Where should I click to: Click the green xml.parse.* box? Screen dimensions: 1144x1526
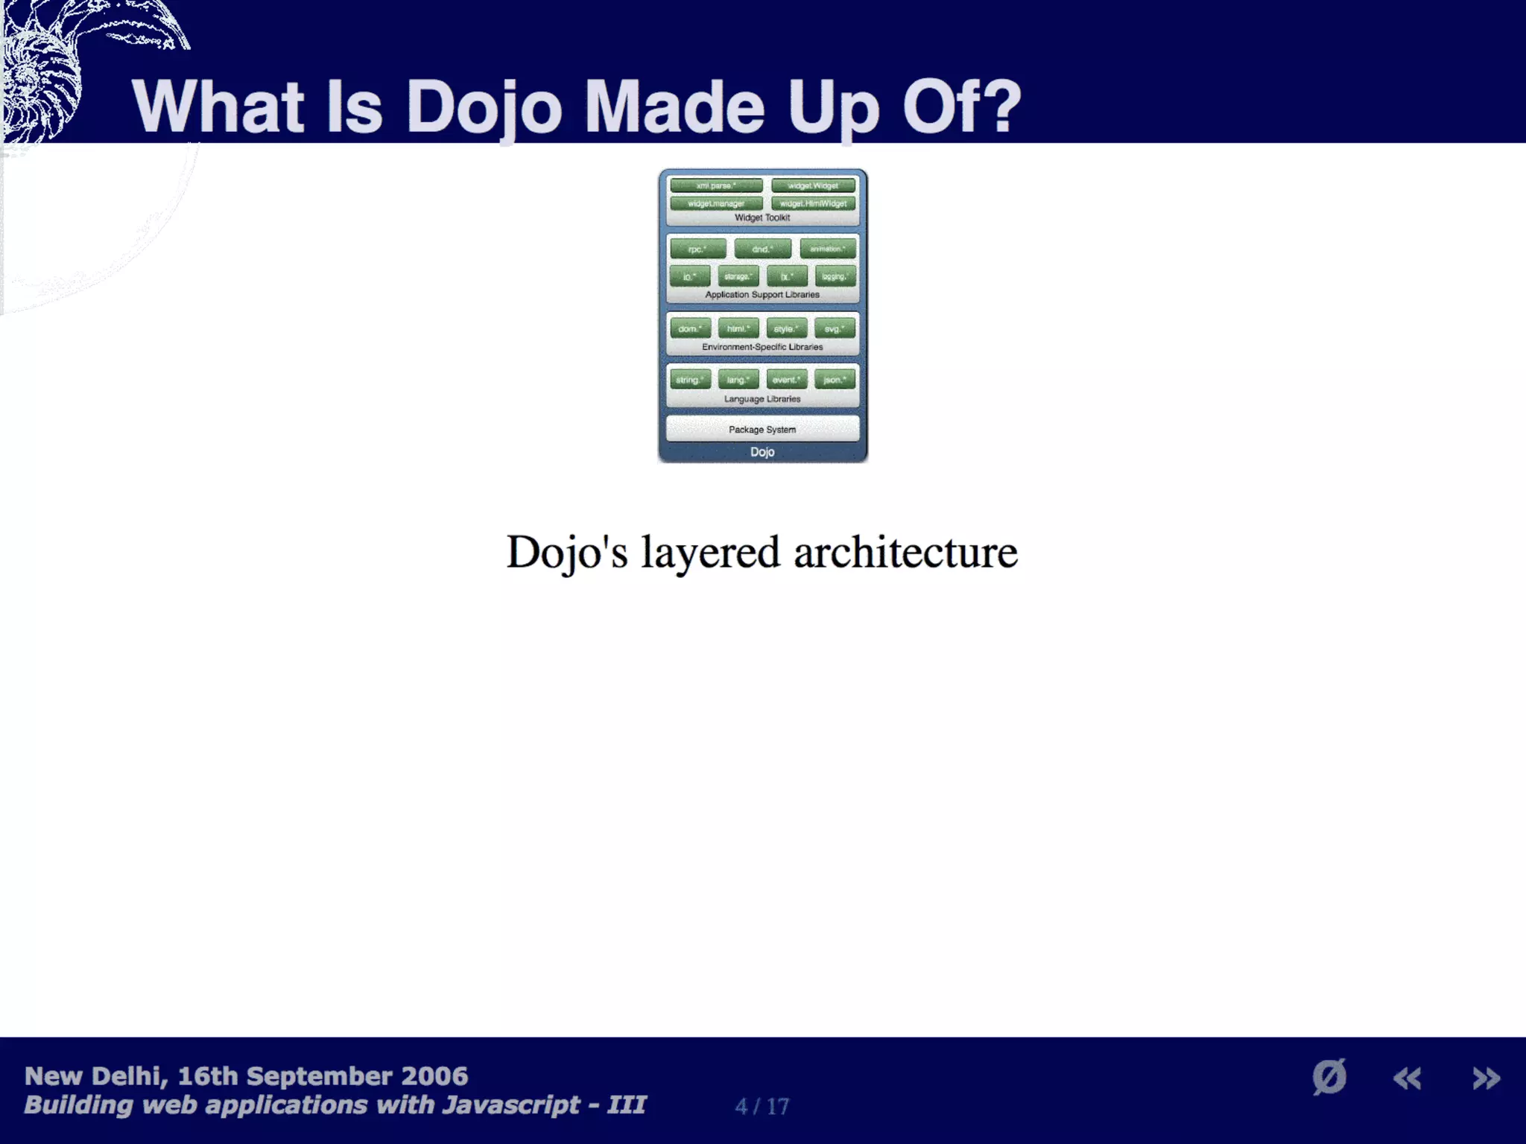click(716, 185)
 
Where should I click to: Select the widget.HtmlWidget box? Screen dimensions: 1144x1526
click(813, 203)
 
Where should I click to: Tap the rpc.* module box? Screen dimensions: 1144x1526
click(697, 249)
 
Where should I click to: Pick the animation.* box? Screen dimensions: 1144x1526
click(828, 249)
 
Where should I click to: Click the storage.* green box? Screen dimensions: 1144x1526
click(738, 276)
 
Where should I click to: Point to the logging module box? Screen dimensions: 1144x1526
click(835, 276)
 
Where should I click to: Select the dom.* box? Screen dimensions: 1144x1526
click(690, 328)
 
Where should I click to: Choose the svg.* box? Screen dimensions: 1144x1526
click(835, 328)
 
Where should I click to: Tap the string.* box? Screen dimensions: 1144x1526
click(690, 380)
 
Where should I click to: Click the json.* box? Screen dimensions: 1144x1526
click(835, 380)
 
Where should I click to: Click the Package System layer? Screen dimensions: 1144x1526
click(762, 429)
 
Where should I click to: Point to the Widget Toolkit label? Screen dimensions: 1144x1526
click(762, 217)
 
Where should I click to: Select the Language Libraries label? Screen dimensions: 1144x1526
click(762, 399)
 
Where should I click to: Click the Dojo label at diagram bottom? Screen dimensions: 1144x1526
click(762, 452)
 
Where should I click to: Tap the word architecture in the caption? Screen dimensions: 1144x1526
click(905, 553)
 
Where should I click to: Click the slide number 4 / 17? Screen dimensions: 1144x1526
click(762, 1106)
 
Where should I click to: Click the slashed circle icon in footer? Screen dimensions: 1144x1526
click(1329, 1077)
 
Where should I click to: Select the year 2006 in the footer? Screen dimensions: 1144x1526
click(434, 1076)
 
